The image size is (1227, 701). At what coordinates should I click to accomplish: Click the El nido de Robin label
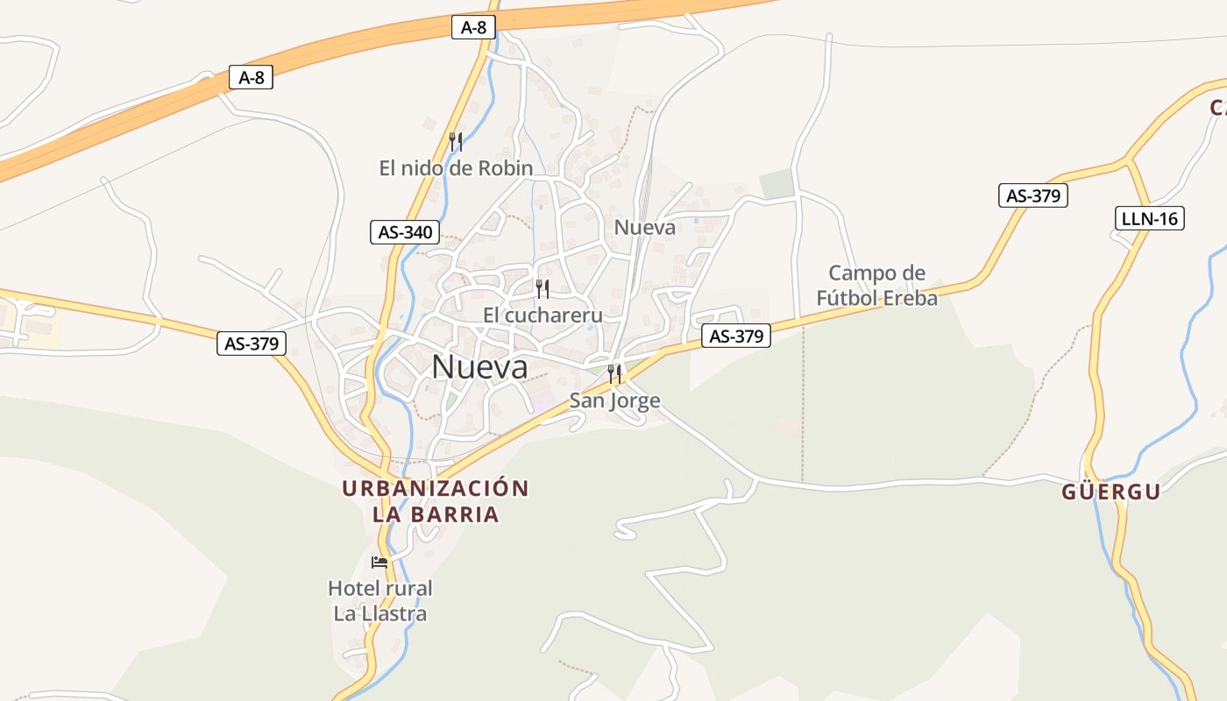[456, 168]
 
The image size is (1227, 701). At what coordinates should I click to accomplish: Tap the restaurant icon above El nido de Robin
[455, 140]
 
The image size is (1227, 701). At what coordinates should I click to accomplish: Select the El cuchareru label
[543, 315]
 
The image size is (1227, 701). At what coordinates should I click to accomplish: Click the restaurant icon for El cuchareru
[543, 288]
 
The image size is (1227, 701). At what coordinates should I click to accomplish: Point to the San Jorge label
[614, 401]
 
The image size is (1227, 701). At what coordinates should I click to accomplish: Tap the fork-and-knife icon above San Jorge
[614, 374]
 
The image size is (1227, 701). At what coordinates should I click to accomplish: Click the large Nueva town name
[480, 367]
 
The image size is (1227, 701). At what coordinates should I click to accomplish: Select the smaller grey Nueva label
[645, 228]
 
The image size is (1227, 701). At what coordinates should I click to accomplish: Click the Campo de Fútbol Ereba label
[876, 286]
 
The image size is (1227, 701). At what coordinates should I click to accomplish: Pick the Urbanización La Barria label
[436, 501]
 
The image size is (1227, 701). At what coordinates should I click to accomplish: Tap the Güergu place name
[1111, 492]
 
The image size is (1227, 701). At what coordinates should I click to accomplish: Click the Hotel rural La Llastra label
[380, 600]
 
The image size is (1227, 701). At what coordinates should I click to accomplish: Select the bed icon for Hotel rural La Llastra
[379, 562]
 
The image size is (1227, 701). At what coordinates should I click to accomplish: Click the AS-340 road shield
[405, 232]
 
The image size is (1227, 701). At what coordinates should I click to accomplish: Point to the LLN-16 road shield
[1150, 218]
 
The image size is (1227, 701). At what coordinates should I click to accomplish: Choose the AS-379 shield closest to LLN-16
[1033, 195]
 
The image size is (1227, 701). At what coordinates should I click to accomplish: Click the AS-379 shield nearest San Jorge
[736, 336]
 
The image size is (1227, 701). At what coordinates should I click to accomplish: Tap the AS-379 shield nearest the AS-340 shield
[252, 343]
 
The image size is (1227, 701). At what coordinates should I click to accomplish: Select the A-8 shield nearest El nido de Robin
[472, 27]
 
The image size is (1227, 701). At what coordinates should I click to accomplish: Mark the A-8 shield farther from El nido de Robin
[251, 78]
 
